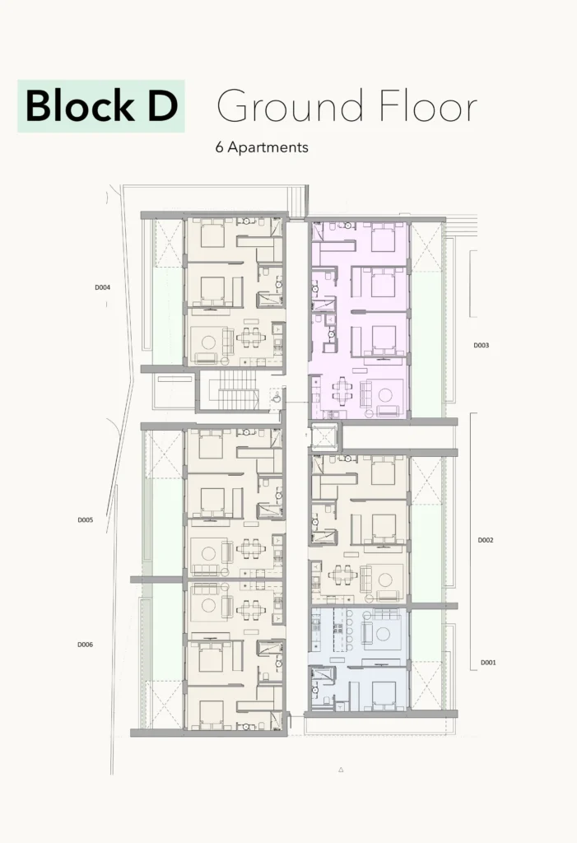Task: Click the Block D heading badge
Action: coord(101,106)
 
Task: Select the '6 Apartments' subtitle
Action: coord(262,147)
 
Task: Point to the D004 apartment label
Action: coord(103,287)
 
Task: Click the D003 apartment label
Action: coord(482,345)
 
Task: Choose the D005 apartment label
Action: coord(86,520)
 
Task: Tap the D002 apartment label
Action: coord(486,540)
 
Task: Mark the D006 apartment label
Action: coord(85,645)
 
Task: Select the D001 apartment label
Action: coord(488,663)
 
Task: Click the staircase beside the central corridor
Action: coord(237,389)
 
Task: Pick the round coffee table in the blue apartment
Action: coord(383,634)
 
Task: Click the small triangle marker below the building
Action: coord(341,770)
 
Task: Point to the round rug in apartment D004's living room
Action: coord(208,342)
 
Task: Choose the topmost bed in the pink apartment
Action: coord(383,235)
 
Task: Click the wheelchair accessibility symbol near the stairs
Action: coord(277,398)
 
